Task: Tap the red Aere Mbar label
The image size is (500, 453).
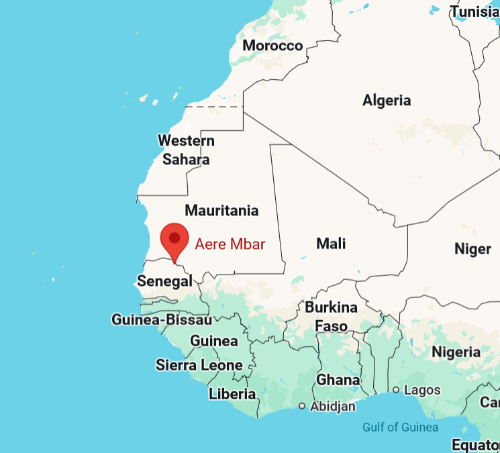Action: click(x=230, y=244)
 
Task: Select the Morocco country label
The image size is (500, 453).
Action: click(x=272, y=46)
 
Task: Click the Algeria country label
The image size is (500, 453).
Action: click(x=387, y=101)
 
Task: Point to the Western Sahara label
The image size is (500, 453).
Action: click(x=186, y=150)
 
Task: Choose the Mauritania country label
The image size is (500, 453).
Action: click(x=221, y=211)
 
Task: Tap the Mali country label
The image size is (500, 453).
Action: click(x=331, y=243)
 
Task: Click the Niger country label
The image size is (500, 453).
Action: click(x=472, y=249)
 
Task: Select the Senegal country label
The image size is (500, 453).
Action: click(x=164, y=281)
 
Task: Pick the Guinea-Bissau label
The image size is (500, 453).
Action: click(x=161, y=320)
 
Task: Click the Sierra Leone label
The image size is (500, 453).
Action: click(x=199, y=365)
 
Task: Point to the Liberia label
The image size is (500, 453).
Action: click(x=232, y=394)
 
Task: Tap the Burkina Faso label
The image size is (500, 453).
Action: click(x=332, y=317)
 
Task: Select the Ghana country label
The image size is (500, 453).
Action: click(x=338, y=380)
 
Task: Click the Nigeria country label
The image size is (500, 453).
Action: click(x=456, y=352)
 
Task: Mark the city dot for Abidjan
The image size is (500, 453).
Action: click(x=302, y=406)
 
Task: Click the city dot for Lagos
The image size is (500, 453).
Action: click(x=396, y=390)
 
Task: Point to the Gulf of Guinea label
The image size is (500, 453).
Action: click(x=400, y=427)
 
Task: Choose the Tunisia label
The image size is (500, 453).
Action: click(x=475, y=11)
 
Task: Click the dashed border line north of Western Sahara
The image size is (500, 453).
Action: click(x=213, y=106)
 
